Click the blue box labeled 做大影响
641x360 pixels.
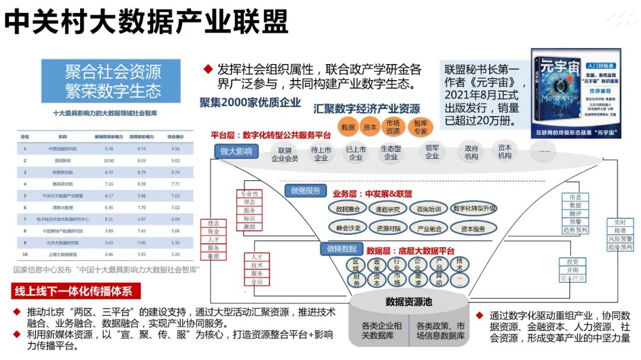tap(236, 151)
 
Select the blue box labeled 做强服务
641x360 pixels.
tap(306, 190)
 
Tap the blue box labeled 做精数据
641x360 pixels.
tap(341, 249)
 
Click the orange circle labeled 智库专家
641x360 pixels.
tap(420, 127)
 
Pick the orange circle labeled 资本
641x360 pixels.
tap(370, 127)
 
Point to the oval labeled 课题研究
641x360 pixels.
tap(388, 209)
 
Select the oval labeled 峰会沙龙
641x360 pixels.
tap(348, 228)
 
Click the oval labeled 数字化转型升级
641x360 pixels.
tap(474, 209)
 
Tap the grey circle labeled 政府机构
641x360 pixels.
tap(471, 152)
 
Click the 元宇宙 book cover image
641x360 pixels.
tap(576, 93)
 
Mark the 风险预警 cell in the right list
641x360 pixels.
tap(620, 238)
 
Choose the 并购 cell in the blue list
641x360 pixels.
tap(573, 270)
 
